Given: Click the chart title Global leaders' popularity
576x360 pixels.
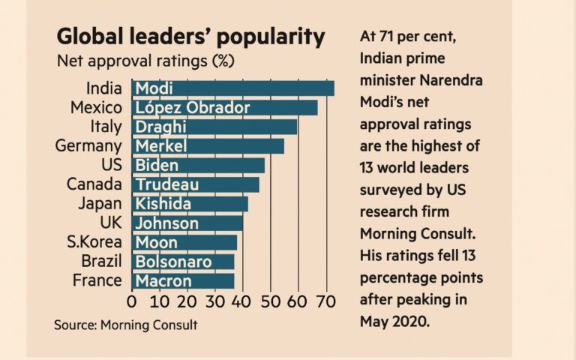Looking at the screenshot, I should (191, 37).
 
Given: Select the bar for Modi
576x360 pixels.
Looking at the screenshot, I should (232, 88).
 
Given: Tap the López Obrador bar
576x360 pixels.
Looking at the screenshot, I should (224, 108).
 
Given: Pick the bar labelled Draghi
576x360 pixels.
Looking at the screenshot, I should (214, 127).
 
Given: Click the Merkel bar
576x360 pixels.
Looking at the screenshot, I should (208, 145).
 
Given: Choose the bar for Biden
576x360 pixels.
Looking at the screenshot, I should (198, 165).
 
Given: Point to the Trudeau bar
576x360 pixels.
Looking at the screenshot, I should (195, 184).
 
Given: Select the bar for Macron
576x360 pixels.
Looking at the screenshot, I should (183, 281).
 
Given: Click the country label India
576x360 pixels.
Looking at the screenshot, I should (103, 88).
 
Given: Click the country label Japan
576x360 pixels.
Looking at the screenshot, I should (100, 204).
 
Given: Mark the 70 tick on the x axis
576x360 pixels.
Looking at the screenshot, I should (325, 302).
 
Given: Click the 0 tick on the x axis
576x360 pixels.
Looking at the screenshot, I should (132, 302).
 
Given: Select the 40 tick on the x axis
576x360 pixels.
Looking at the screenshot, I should (242, 302).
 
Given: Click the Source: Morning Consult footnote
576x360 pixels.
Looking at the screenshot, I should (125, 325).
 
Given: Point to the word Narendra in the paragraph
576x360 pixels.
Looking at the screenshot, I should (445, 81).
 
